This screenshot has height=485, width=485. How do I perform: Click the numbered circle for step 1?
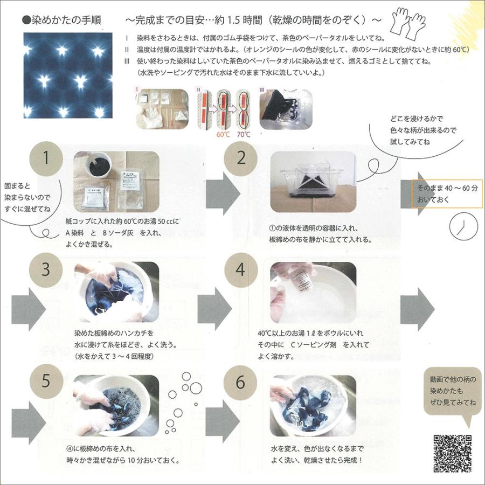[x=47, y=158]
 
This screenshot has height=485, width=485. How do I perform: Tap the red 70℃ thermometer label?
[x=243, y=135]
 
